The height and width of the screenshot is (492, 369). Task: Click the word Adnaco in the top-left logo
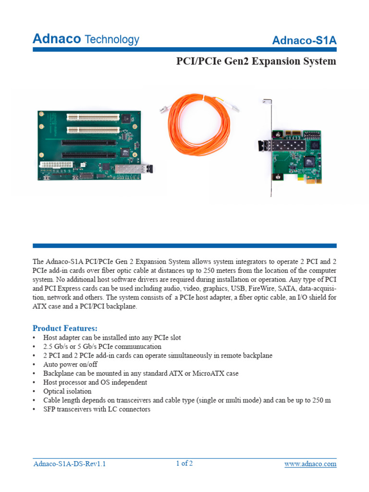56,39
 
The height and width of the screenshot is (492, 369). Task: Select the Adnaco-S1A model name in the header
304,41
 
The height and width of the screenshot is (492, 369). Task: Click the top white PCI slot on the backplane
93,116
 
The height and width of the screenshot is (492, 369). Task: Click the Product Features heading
65,328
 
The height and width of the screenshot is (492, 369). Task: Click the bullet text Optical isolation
67,391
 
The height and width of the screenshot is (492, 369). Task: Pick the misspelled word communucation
136,346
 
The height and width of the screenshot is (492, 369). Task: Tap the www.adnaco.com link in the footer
310,464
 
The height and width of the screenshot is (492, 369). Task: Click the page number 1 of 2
184,464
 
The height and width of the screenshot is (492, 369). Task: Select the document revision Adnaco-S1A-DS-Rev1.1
69,464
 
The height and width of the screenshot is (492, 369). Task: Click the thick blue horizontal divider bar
184,246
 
